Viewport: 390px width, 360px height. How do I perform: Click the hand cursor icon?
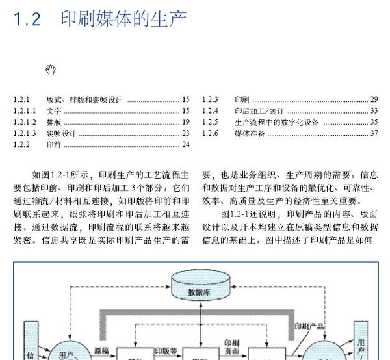51,70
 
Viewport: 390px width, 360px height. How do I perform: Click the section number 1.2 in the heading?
27,19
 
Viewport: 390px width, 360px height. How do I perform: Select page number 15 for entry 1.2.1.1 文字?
186,110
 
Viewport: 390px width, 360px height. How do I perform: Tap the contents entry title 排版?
54,122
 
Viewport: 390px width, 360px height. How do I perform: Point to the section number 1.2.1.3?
25,133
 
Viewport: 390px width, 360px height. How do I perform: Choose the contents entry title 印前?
54,144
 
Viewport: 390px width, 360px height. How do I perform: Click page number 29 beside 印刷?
374,99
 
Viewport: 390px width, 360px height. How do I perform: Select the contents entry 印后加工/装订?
259,111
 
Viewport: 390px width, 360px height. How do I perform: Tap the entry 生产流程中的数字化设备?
277,122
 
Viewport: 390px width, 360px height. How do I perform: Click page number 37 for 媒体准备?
374,133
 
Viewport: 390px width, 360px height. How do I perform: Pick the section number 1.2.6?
210,133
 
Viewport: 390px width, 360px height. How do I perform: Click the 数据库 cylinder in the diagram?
201,285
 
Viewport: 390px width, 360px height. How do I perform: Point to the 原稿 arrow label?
101,351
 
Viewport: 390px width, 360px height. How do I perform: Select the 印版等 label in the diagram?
166,351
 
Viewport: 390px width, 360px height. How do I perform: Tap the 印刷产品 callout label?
309,326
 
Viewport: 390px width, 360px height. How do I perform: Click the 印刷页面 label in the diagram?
232,347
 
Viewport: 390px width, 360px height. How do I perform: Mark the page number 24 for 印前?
186,144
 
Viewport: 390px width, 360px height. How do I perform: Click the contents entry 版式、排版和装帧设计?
84,99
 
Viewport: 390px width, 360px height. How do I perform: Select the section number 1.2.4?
210,111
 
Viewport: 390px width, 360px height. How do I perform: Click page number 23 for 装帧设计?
186,133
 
